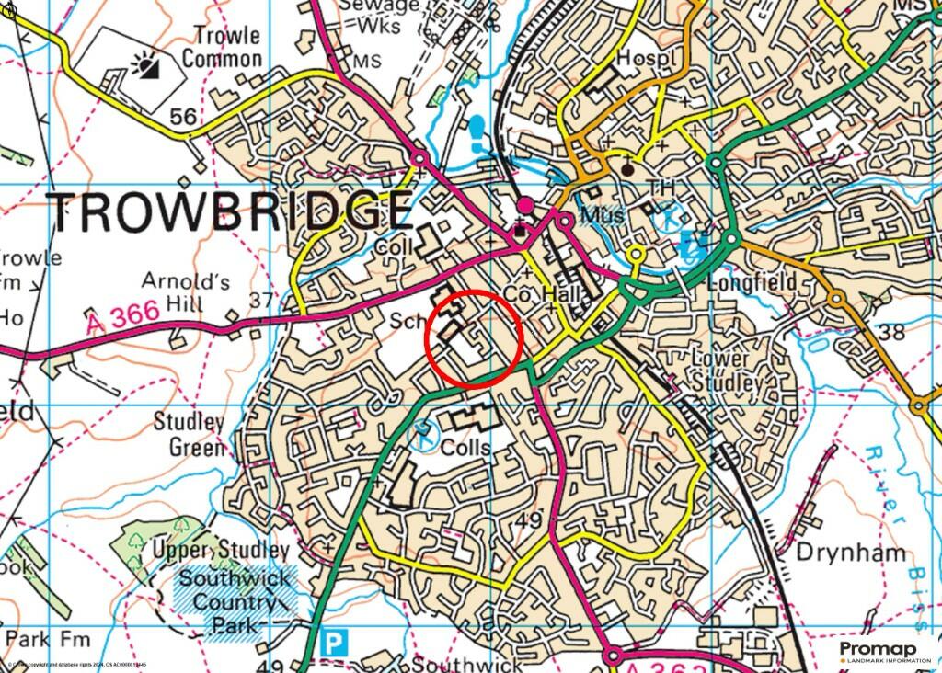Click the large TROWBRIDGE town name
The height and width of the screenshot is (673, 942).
point(230,212)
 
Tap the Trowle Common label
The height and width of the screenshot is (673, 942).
point(221,47)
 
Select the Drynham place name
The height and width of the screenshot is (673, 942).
point(851,553)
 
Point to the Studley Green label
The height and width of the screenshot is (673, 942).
point(190,435)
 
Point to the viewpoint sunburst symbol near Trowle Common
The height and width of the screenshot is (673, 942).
point(146,64)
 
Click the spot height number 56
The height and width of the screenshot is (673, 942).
point(184,116)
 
